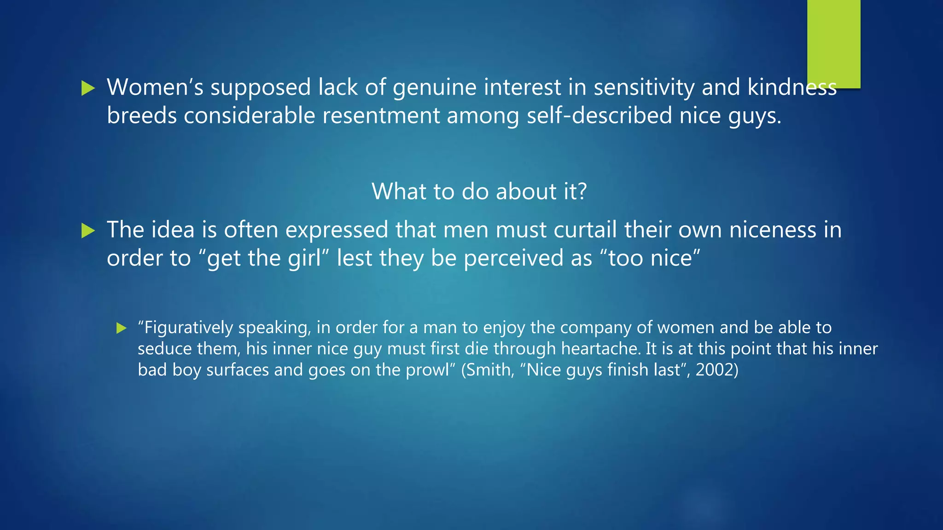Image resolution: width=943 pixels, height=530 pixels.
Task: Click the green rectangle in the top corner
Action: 833,44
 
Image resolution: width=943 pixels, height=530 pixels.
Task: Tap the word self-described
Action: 599,115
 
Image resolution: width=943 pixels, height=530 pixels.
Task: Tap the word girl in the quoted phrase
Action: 304,258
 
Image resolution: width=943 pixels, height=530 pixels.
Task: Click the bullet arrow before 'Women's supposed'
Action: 87,88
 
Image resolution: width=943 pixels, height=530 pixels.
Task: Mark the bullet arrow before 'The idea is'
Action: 87,230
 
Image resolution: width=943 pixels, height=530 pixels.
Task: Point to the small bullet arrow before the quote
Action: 121,328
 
